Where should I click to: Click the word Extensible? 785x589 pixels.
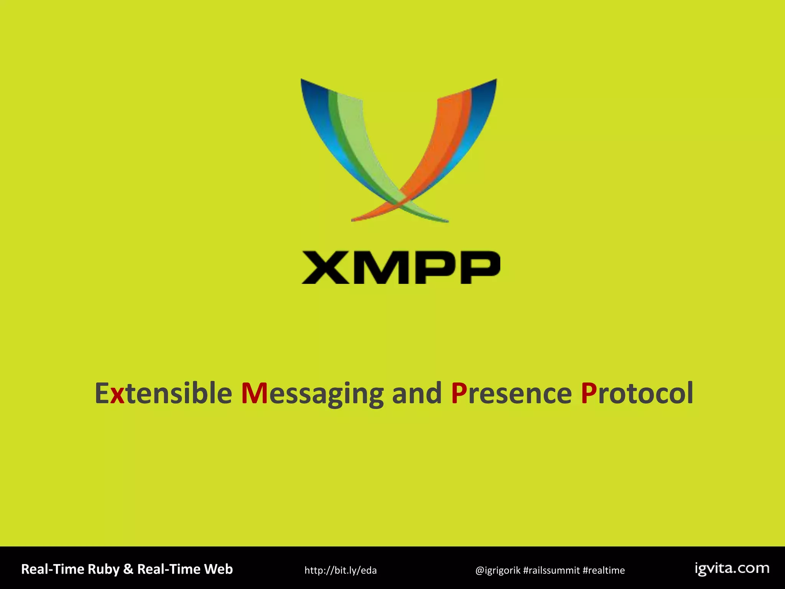click(x=163, y=393)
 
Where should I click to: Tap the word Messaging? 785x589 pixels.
click(x=312, y=393)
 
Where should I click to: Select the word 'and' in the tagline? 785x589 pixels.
click(x=417, y=393)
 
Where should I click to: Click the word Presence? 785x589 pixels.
click(x=511, y=393)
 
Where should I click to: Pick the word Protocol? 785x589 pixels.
click(x=637, y=393)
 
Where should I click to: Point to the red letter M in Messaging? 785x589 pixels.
click(x=255, y=393)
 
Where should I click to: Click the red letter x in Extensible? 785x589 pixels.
click(x=117, y=395)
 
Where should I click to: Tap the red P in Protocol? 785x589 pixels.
click(x=589, y=393)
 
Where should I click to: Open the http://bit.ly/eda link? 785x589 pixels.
click(x=340, y=570)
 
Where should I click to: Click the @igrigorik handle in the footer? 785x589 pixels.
click(x=498, y=570)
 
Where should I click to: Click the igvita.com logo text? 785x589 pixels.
click(x=732, y=568)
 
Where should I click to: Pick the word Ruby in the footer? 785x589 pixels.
click(x=103, y=569)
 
